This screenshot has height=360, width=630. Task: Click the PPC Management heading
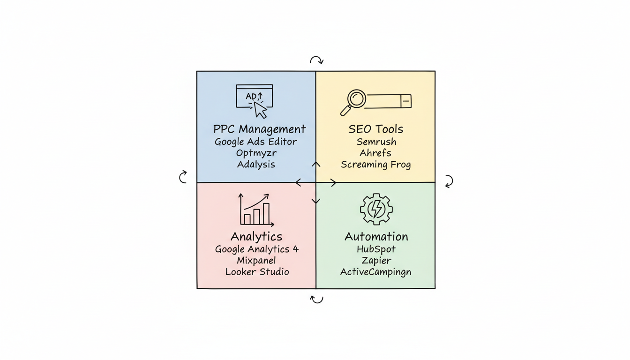[259, 129]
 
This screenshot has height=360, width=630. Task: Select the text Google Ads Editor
[256, 142]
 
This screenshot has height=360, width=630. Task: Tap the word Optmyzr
[256, 153]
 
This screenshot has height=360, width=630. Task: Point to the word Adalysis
[256, 165]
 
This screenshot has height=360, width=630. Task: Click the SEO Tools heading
[376, 129]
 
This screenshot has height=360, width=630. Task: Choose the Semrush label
[376, 142]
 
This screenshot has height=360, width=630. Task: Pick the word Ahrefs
[375, 153]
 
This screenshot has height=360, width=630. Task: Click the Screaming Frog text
[376, 165]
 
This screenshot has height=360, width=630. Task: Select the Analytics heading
[256, 236]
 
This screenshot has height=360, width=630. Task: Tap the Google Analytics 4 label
[257, 249]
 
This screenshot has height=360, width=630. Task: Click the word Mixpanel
[256, 261]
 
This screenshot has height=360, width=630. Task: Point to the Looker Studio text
[257, 272]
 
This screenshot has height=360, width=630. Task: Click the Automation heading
[376, 236]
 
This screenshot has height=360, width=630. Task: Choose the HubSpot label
[376, 249]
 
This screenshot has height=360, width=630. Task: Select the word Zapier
[376, 261]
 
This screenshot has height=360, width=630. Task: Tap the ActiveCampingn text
[376, 272]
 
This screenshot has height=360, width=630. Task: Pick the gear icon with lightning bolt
[376, 209]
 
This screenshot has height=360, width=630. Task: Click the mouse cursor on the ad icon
[260, 110]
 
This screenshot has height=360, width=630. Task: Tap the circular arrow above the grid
[316, 60]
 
